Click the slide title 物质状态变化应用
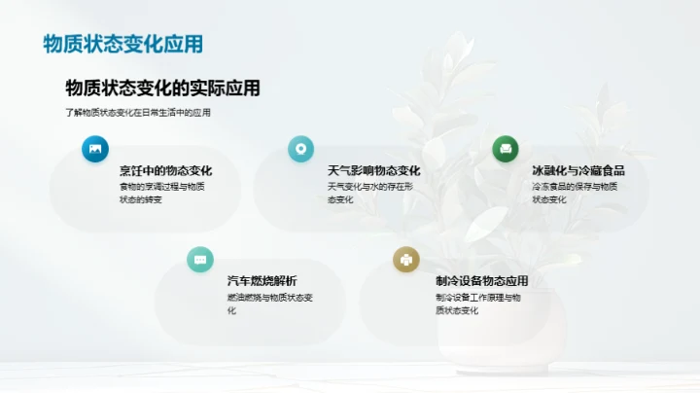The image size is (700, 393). [123, 45]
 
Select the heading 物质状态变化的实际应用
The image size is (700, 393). [162, 89]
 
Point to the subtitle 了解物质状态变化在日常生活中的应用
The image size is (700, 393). [138, 113]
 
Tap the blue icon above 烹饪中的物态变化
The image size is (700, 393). [95, 149]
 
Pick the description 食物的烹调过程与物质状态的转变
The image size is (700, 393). [162, 193]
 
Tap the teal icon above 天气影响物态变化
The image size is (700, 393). [300, 149]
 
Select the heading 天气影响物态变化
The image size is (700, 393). [374, 171]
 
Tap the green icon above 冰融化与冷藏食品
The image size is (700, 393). [505, 149]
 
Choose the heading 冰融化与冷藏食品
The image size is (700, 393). [579, 171]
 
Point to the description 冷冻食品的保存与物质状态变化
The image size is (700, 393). [575, 193]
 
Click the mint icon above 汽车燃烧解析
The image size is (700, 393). [200, 259]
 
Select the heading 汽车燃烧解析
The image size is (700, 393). [262, 281]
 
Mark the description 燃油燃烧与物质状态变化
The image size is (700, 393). [271, 304]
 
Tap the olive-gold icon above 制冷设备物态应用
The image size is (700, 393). [405, 259]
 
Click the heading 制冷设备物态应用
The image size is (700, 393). [482, 281]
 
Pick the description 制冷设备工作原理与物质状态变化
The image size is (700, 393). [478, 304]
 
